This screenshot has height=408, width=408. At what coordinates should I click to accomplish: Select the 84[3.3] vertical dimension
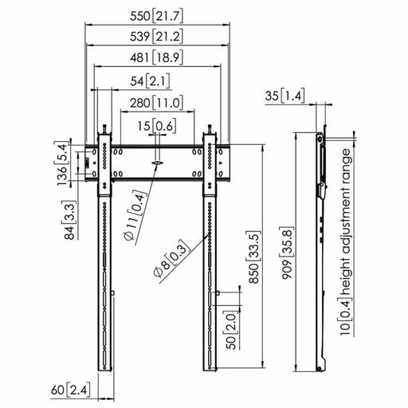[x=73, y=219]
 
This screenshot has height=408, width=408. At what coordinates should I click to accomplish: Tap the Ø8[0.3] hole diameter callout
[x=170, y=258]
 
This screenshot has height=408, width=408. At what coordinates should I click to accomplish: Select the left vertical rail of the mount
[x=104, y=255]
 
